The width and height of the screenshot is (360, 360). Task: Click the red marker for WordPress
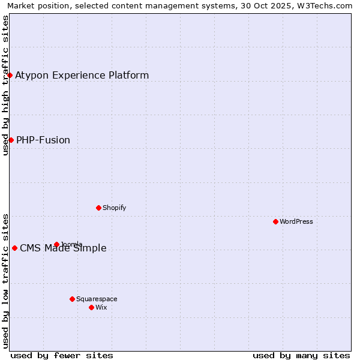(x=275, y=221)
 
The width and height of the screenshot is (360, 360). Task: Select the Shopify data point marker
(x=98, y=208)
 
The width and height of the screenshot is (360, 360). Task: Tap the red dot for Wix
(x=91, y=307)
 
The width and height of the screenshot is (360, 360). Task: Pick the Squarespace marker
(x=72, y=299)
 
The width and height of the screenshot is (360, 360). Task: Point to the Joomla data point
(x=56, y=244)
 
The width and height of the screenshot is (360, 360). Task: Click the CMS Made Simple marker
(x=14, y=248)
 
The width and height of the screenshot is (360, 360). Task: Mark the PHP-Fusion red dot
(x=11, y=140)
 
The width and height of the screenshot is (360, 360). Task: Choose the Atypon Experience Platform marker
(x=10, y=75)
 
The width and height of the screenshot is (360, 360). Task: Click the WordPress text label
(x=296, y=221)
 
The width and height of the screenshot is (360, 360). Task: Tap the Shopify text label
(x=114, y=208)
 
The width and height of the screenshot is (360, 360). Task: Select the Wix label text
(x=101, y=307)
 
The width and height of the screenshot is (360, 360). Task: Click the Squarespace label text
(x=97, y=299)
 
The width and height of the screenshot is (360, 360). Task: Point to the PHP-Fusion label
(x=43, y=140)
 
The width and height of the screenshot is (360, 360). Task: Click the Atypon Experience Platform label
(x=82, y=75)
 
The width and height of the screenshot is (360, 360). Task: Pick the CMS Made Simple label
(x=63, y=248)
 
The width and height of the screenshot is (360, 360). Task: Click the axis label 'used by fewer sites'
(x=62, y=355)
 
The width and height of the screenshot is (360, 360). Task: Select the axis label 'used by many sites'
(x=301, y=355)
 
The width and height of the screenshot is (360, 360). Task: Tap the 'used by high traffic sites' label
(x=5, y=85)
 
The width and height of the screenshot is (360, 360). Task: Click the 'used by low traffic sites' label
(x=5, y=281)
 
